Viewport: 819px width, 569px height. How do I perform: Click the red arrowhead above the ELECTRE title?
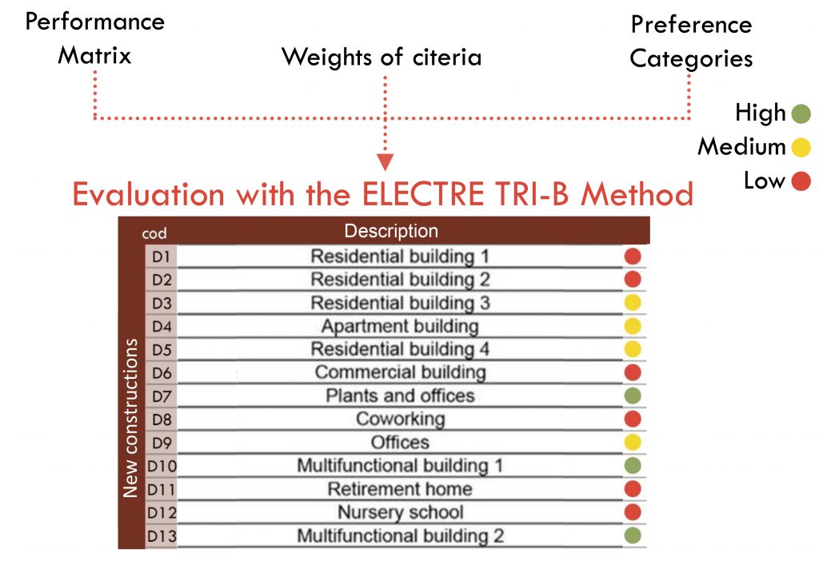(x=385, y=161)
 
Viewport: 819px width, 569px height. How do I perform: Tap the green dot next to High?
(x=801, y=113)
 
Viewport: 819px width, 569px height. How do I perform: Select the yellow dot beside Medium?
(x=801, y=147)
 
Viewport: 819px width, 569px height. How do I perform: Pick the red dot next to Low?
(x=801, y=181)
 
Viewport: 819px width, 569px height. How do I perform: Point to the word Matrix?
(x=94, y=55)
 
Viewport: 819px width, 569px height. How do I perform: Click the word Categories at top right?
(x=691, y=59)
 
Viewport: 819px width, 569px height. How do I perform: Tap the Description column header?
(x=391, y=231)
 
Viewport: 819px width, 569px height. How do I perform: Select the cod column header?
(x=154, y=233)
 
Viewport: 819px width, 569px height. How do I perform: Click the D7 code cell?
(x=162, y=396)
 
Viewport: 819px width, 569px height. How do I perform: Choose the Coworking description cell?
(x=400, y=420)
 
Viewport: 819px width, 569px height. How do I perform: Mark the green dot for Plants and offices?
(x=633, y=396)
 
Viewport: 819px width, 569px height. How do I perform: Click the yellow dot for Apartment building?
(x=633, y=326)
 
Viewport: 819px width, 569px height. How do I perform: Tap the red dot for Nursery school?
(x=633, y=512)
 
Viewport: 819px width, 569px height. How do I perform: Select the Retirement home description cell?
(x=400, y=489)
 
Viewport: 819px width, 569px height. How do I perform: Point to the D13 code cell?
(x=162, y=536)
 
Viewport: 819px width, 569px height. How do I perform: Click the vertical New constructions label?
(x=130, y=418)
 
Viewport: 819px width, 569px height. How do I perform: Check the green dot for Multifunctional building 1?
(x=633, y=466)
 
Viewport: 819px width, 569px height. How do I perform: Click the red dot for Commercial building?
(x=633, y=372)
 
